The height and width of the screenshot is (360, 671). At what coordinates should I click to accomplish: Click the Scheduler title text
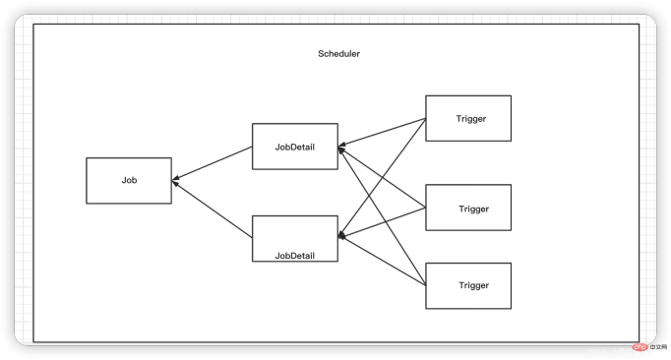[x=338, y=54]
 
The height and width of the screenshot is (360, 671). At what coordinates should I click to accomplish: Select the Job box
[x=129, y=181]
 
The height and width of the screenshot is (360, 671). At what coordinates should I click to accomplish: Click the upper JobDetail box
[x=294, y=147]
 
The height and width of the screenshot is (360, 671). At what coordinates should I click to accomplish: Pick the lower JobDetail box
[x=294, y=239]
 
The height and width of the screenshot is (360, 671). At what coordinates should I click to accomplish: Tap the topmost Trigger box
[x=468, y=119]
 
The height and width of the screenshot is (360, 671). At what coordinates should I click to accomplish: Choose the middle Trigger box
[x=468, y=208]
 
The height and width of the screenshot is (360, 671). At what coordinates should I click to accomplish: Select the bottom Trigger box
[x=468, y=285]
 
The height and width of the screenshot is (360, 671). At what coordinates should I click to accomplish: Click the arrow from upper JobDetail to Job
[x=213, y=164]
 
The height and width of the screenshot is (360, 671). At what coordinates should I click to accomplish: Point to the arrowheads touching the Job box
[x=176, y=181]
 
